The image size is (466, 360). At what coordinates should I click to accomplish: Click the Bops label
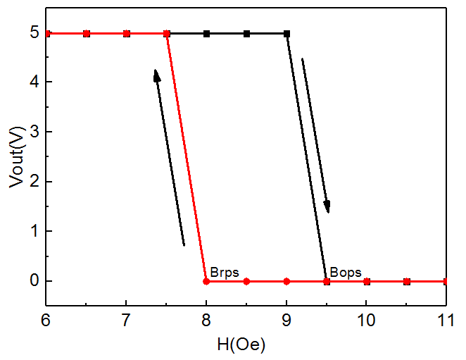pyautogui.click(x=345, y=271)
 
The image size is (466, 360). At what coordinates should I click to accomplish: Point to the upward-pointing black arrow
pyautogui.click(x=169, y=157)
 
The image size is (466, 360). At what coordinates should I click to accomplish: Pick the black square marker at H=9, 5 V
pyautogui.click(x=286, y=33)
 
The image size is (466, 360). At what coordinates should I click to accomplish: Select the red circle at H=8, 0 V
pyautogui.click(x=206, y=281)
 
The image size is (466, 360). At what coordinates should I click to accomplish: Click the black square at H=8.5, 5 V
pyautogui.click(x=246, y=33)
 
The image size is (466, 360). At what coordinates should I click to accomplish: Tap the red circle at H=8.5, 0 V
pyautogui.click(x=246, y=281)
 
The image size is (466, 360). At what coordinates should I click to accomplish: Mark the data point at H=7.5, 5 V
pyautogui.click(x=167, y=33)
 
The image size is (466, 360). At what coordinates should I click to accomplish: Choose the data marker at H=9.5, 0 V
pyautogui.click(x=327, y=281)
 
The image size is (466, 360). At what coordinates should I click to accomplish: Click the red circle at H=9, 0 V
pyautogui.click(x=286, y=281)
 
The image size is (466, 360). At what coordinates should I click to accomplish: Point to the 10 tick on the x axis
pyautogui.click(x=366, y=321)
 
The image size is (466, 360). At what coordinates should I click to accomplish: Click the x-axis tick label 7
pyautogui.click(x=127, y=321)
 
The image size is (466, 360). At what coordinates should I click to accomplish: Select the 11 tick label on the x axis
pyautogui.click(x=446, y=321)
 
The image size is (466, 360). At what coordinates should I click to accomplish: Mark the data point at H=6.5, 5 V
pyautogui.click(x=87, y=33)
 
